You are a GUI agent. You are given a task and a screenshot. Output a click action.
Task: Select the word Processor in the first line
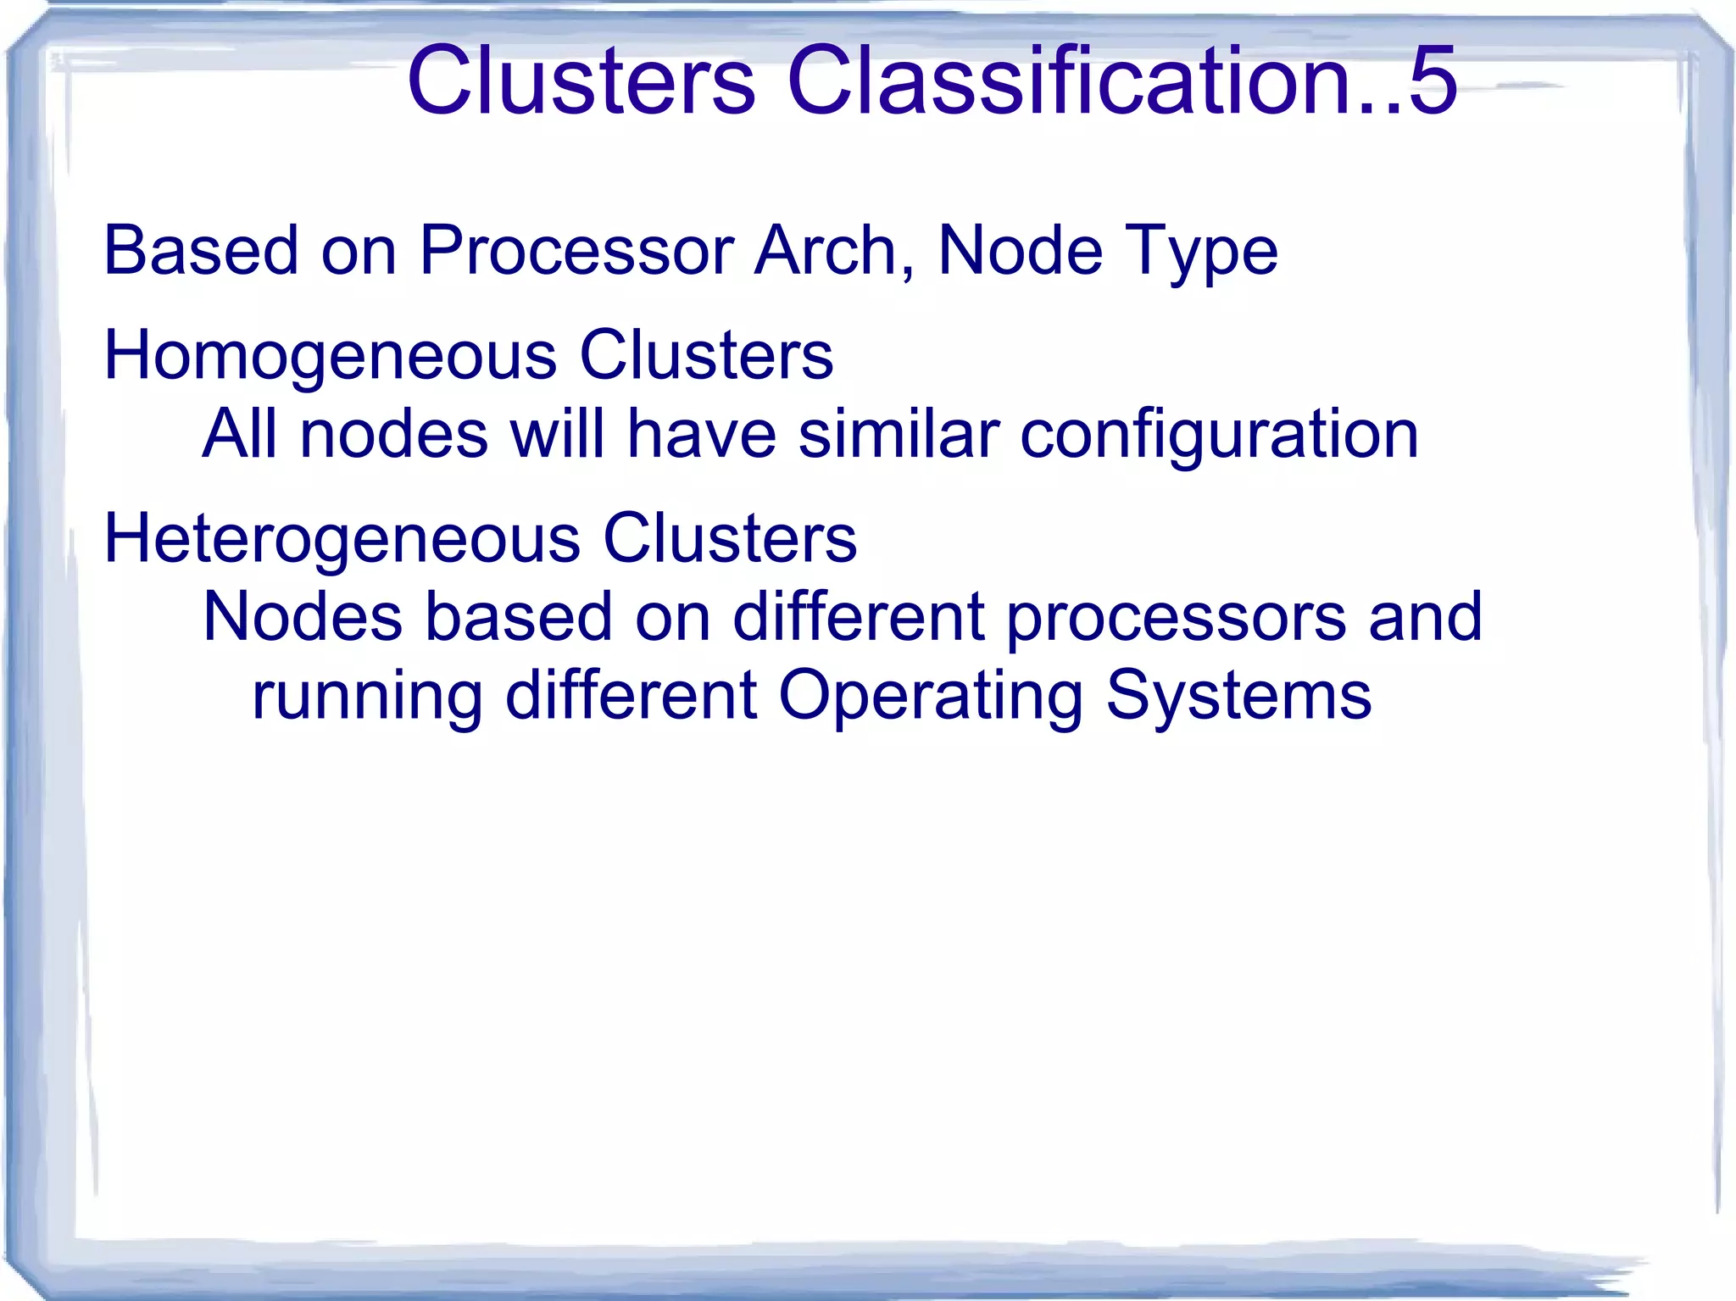click(576, 251)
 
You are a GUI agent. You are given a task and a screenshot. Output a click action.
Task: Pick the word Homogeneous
click(330, 356)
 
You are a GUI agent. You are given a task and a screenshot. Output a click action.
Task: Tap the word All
click(240, 433)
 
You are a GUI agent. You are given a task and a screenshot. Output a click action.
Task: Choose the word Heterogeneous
click(342, 539)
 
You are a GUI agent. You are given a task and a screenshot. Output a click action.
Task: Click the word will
click(555, 433)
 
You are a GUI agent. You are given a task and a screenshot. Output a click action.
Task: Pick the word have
click(702, 433)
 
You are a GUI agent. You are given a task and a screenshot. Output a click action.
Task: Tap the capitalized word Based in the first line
click(201, 251)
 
